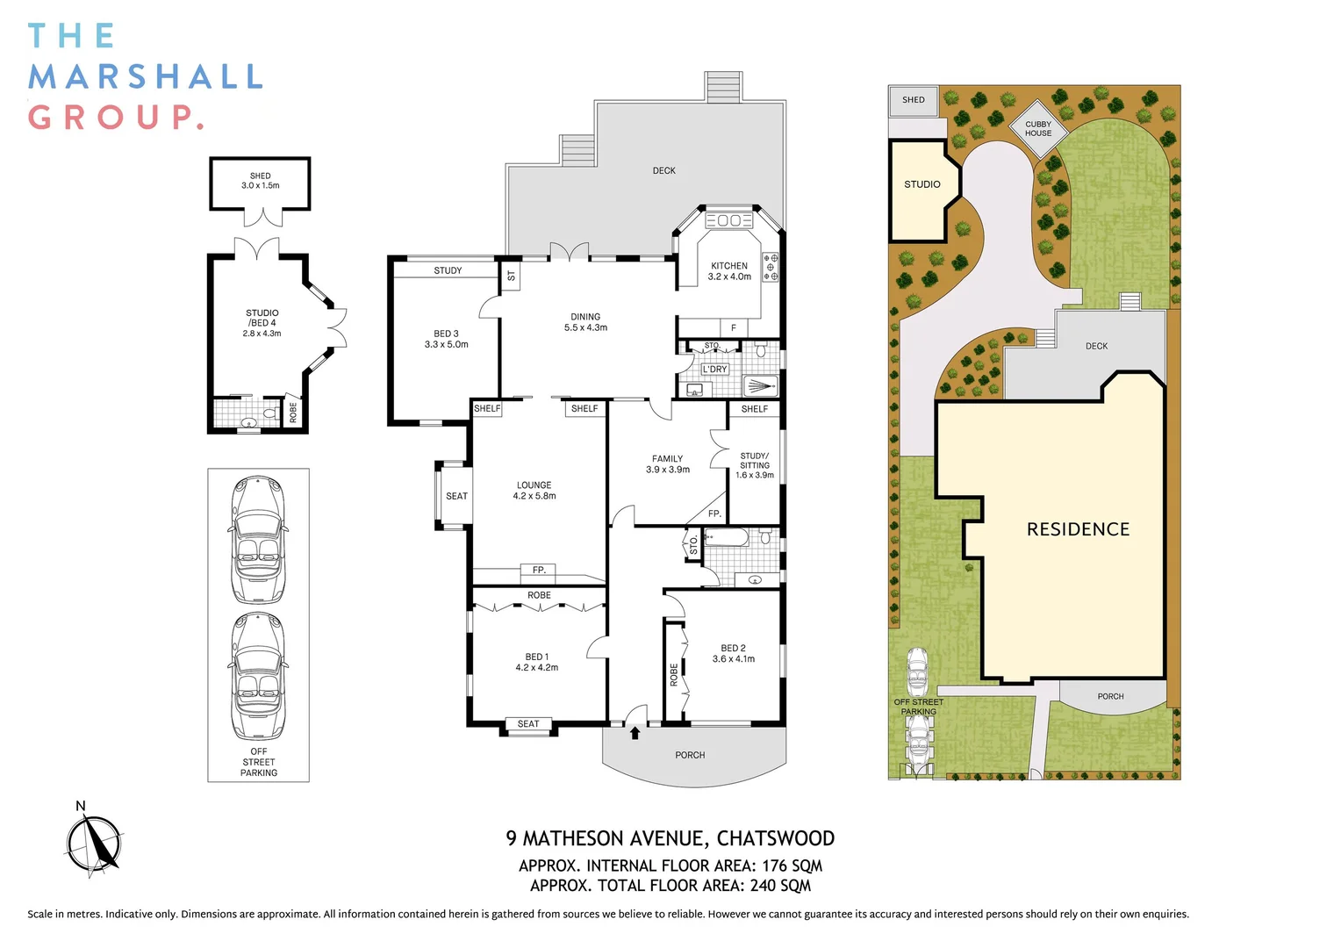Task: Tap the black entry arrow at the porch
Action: tap(635, 732)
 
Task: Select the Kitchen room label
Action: tap(729, 271)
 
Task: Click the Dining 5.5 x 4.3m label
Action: tap(585, 322)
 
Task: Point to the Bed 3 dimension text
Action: tap(446, 344)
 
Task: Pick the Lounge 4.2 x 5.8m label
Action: tap(534, 491)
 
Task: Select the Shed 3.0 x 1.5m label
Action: tap(261, 180)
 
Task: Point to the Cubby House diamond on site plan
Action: tap(1038, 129)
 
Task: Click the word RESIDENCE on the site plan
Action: tap(1079, 529)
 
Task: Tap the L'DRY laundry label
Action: tap(714, 370)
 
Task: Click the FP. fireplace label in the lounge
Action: tap(539, 571)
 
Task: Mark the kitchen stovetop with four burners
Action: tap(771, 267)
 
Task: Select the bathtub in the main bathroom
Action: tap(726, 537)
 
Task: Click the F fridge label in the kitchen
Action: tap(734, 327)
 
